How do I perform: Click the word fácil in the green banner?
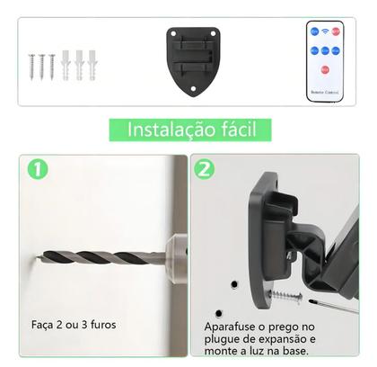coord(234,130)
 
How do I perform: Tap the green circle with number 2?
coord(204,169)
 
